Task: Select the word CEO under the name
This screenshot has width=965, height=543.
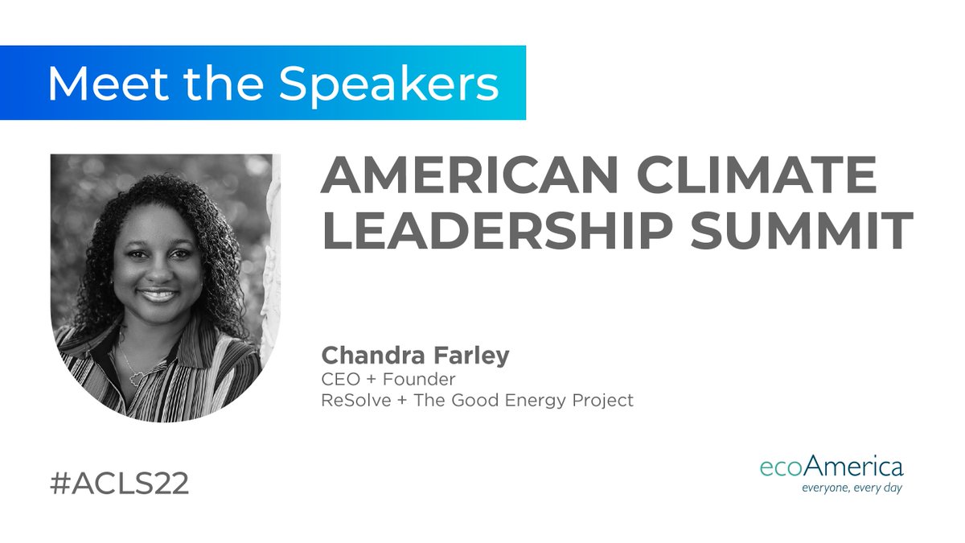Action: coord(338,378)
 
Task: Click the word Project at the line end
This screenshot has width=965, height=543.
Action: coord(603,401)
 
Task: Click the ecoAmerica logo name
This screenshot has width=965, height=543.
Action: coord(831,467)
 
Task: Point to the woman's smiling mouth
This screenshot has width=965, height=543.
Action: coord(158,295)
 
